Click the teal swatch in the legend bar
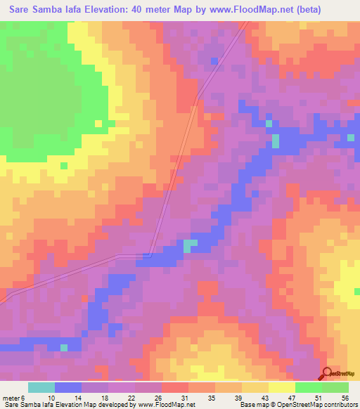(41, 387)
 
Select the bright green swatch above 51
(308, 387)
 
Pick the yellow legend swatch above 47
(281, 387)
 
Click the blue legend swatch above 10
(68, 387)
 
